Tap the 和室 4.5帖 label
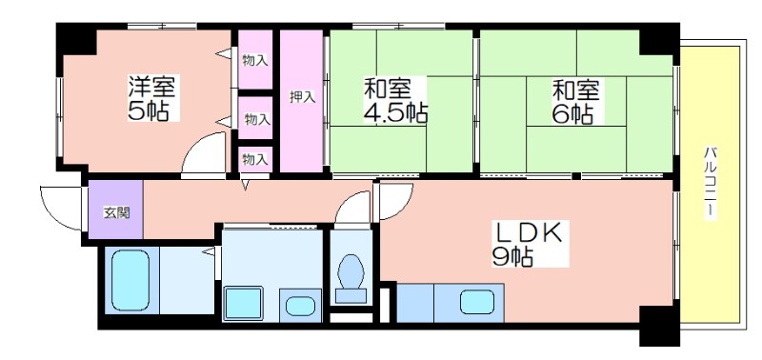click(x=395, y=100)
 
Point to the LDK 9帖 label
click(x=529, y=244)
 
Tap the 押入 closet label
click(x=302, y=97)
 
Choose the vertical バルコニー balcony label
click(x=710, y=183)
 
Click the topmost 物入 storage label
click(x=255, y=61)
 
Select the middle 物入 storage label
click(x=257, y=119)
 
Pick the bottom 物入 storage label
click(x=255, y=159)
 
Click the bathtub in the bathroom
click(x=130, y=280)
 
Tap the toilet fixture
click(x=351, y=279)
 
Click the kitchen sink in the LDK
click(x=477, y=302)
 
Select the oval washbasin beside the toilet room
click(x=300, y=306)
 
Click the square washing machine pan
click(x=243, y=304)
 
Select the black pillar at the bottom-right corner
click(x=658, y=326)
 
